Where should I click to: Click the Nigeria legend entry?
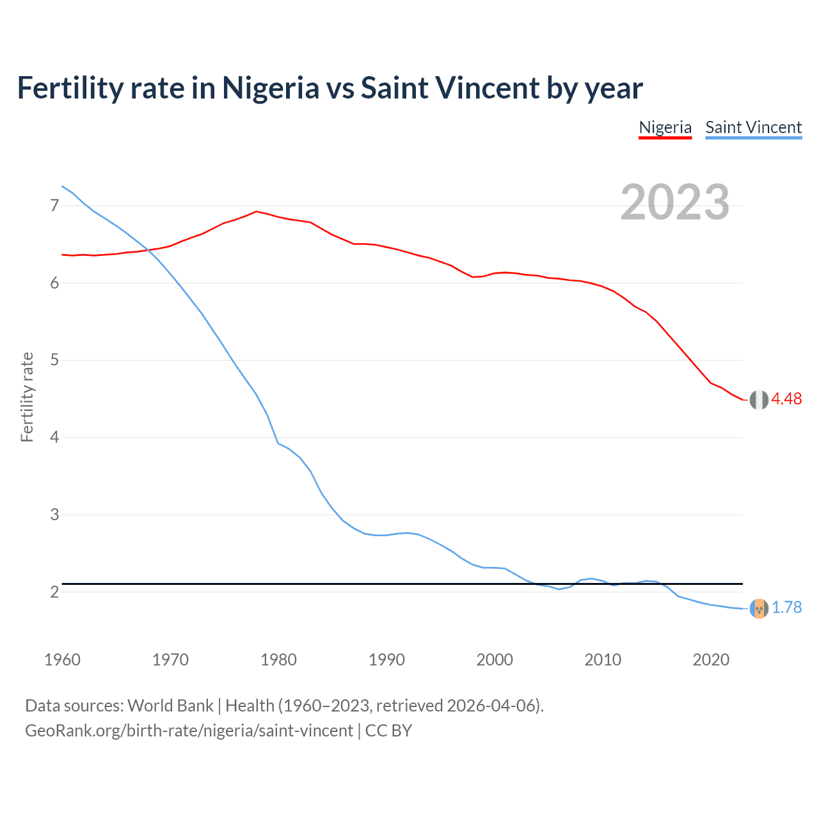(665, 127)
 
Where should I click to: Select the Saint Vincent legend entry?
(753, 127)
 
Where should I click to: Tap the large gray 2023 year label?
(674, 202)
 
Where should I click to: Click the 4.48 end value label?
(786, 399)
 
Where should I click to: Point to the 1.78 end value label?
(786, 607)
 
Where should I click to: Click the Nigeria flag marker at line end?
(759, 399)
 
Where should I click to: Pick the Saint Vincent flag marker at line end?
(759, 608)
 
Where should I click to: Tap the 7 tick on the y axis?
(54, 205)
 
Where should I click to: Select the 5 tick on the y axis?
(54, 360)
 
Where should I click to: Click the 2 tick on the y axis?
(54, 592)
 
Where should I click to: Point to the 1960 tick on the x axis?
(62, 660)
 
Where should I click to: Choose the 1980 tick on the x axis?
(278, 660)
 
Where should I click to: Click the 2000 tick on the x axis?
(495, 660)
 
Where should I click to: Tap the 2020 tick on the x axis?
(711, 660)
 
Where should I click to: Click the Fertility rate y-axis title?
(27, 397)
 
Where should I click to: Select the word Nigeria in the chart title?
(270, 88)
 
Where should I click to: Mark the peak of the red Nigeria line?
(257, 211)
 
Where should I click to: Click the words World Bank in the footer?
(170, 706)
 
